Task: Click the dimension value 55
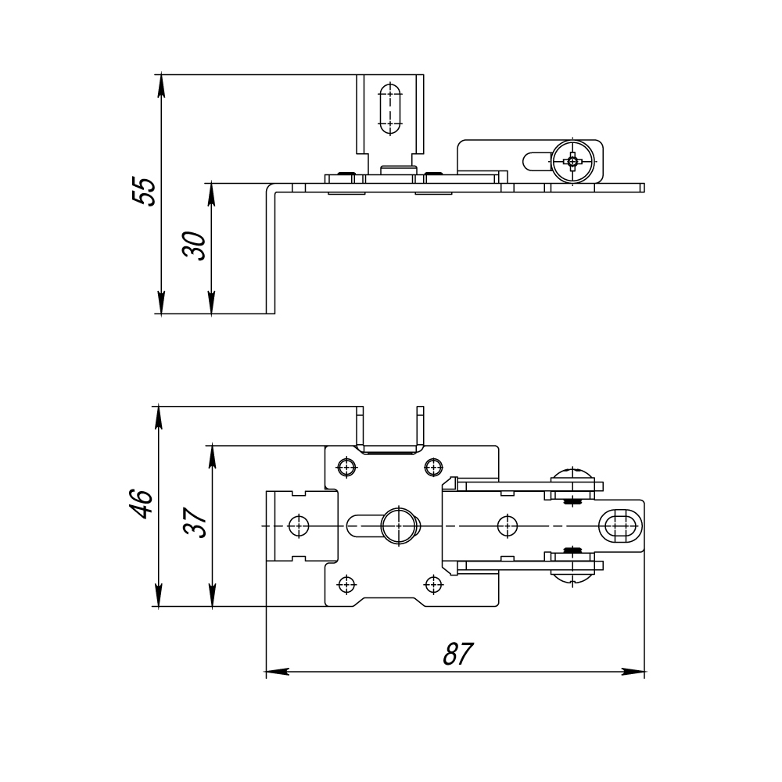tap(144, 192)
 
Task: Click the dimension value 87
tap(457, 654)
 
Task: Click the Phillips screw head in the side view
tap(572, 162)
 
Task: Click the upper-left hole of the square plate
tap(346, 468)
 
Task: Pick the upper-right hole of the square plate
tap(432, 468)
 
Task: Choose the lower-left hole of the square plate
tap(346, 583)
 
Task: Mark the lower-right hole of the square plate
tap(432, 583)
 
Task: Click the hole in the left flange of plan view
tap(297, 526)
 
